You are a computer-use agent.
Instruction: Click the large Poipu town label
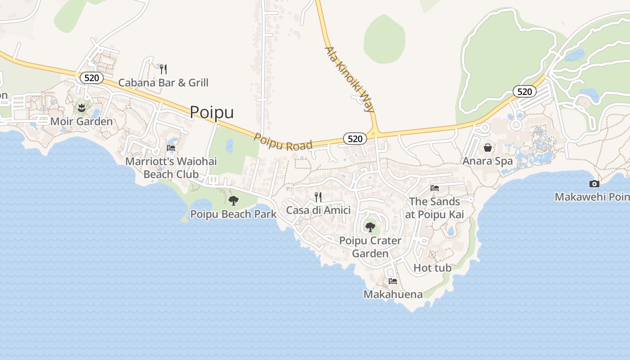211,112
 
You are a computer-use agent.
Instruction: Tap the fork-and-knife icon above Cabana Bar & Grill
163,69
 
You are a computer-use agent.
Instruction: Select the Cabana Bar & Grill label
163,83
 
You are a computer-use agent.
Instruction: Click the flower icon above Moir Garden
81,108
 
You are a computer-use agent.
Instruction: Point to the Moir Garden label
81,121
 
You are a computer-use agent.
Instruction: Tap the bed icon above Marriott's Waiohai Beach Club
171,148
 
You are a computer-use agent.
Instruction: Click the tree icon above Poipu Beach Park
233,201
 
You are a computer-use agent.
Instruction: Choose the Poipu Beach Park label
233,214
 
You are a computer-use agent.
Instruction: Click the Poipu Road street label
283,142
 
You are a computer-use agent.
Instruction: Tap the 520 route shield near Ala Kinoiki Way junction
355,139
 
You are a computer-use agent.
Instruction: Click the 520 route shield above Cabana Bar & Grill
91,78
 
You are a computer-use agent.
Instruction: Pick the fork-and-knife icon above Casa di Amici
318,197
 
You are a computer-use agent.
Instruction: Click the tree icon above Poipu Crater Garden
370,227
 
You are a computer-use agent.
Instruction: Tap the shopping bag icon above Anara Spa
488,148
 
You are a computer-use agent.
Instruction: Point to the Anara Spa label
488,161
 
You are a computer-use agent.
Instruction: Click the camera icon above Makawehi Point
594,184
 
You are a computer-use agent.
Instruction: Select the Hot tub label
432,268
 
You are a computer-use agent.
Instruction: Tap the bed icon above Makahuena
393,281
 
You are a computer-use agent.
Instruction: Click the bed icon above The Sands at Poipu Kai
434,188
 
